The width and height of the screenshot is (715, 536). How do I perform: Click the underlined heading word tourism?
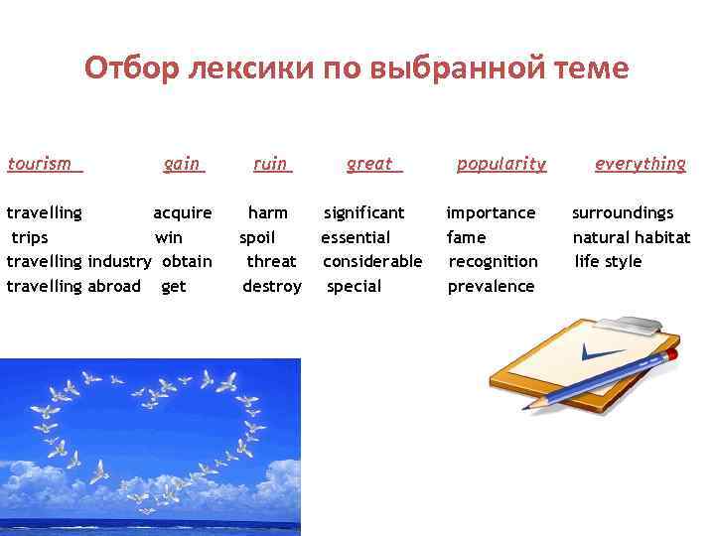40,164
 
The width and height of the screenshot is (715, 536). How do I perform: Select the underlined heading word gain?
182,164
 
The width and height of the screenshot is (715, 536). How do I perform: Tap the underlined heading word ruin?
270,164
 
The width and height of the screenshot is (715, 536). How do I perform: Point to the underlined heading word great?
370,164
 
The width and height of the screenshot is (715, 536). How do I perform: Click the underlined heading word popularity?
500,164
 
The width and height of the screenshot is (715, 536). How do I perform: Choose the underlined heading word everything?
640,164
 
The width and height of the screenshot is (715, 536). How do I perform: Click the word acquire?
182,212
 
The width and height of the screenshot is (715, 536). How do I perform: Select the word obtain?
187,261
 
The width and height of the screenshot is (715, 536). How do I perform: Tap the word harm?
268,212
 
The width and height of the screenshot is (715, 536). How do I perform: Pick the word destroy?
272,286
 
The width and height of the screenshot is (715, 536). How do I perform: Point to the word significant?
364,212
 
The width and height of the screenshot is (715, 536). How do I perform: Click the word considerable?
372,261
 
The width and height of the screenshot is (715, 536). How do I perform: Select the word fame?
467,237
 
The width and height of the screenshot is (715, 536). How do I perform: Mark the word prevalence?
491,286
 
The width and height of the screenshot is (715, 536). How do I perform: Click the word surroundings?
623,212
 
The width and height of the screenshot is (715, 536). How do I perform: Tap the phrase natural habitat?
632,237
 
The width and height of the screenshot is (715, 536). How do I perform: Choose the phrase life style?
609,261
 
